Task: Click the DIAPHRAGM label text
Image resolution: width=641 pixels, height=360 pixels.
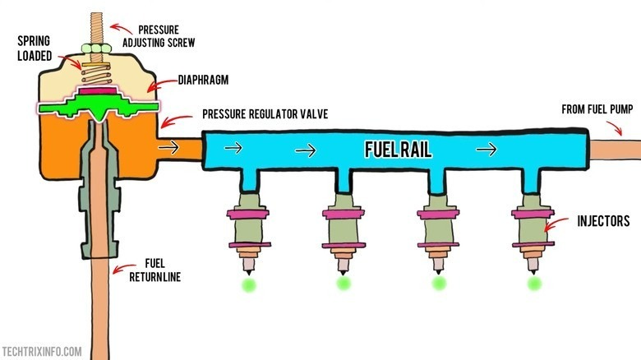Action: tap(205, 81)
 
